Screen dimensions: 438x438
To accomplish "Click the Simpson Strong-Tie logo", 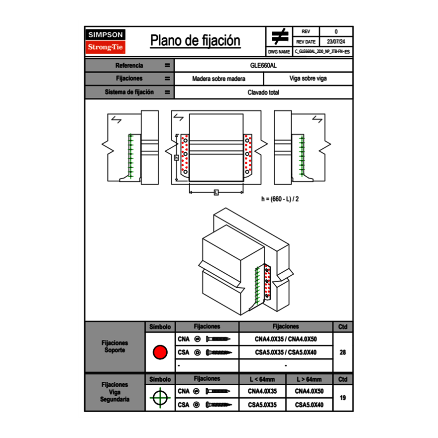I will point(106,41).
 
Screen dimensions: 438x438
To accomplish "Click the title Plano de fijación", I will point(195,41).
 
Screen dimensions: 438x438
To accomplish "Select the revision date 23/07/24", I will point(336,41).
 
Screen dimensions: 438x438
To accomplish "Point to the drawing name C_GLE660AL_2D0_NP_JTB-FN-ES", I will point(322,51).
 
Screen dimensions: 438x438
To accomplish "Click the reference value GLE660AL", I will point(263,65).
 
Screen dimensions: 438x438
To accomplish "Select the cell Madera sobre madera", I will point(219,79).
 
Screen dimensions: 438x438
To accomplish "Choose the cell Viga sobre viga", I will point(308,79).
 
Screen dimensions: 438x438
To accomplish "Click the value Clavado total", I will point(263,92).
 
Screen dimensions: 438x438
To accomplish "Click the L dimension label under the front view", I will point(216,192).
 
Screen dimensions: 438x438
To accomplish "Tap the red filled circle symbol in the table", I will point(160,352).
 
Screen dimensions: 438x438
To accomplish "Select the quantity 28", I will point(342,352).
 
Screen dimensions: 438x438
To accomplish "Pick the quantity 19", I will point(342,398).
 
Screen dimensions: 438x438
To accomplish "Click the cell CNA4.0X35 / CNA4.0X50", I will point(286,339).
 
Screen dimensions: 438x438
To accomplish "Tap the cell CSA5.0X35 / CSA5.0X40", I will point(286,352).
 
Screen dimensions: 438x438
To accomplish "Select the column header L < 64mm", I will point(262,379).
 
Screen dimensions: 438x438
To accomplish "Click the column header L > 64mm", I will point(309,379).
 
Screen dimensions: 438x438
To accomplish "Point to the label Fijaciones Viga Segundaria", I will point(114,392).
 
